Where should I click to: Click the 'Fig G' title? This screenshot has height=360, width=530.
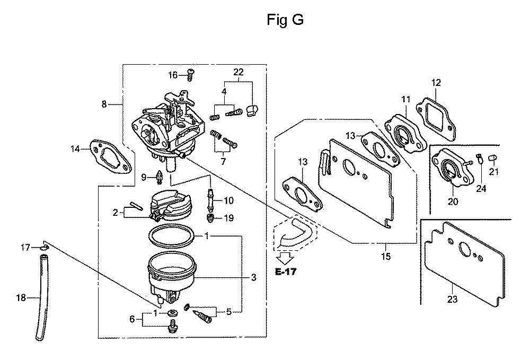point(285,20)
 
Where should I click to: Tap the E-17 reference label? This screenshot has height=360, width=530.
point(286,271)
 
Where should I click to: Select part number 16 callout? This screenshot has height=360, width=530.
point(173,75)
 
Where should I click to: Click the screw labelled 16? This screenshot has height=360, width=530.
point(190,74)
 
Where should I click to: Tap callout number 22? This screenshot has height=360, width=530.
point(238,72)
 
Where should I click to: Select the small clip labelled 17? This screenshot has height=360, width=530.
point(44,248)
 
